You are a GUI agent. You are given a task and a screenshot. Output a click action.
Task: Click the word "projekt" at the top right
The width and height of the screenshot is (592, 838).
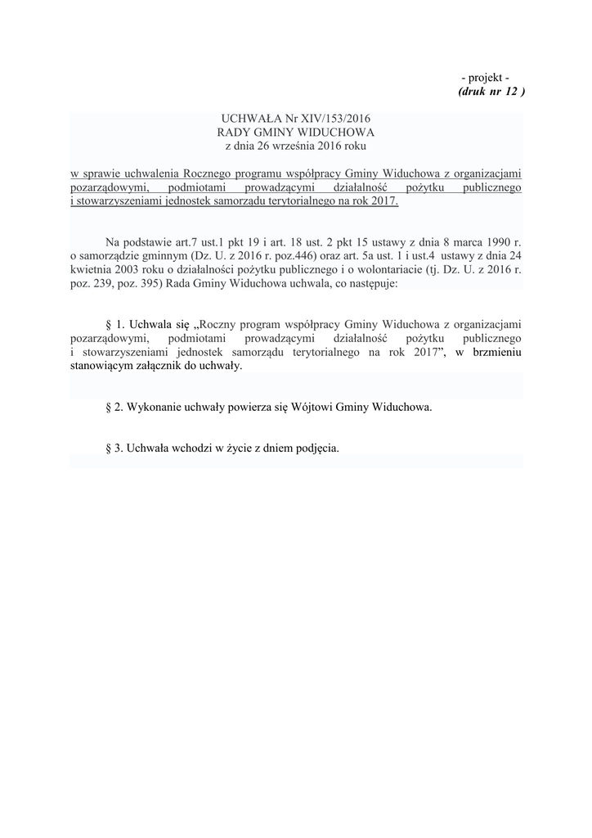[x=488, y=77]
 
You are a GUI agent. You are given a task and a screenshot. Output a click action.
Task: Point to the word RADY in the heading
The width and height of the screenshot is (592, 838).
[x=233, y=132]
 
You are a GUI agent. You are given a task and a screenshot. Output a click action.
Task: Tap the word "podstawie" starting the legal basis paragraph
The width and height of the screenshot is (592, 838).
[x=150, y=243]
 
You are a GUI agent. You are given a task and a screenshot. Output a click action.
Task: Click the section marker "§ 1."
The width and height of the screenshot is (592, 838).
[x=114, y=326]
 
